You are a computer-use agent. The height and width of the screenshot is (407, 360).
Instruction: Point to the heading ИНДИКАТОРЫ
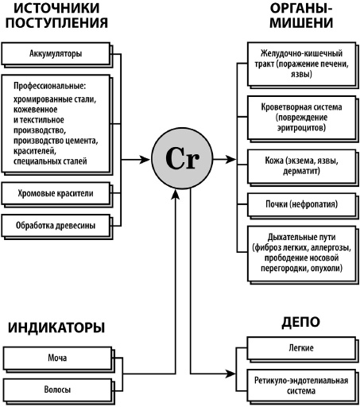coord(56,327)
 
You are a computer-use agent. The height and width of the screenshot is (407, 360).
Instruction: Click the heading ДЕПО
coord(300,322)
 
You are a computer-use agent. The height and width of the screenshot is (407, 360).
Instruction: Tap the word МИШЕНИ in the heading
coord(301,22)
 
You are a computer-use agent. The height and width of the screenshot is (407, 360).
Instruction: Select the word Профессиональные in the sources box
coord(48,85)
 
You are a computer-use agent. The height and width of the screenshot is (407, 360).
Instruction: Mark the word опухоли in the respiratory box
coord(327,269)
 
